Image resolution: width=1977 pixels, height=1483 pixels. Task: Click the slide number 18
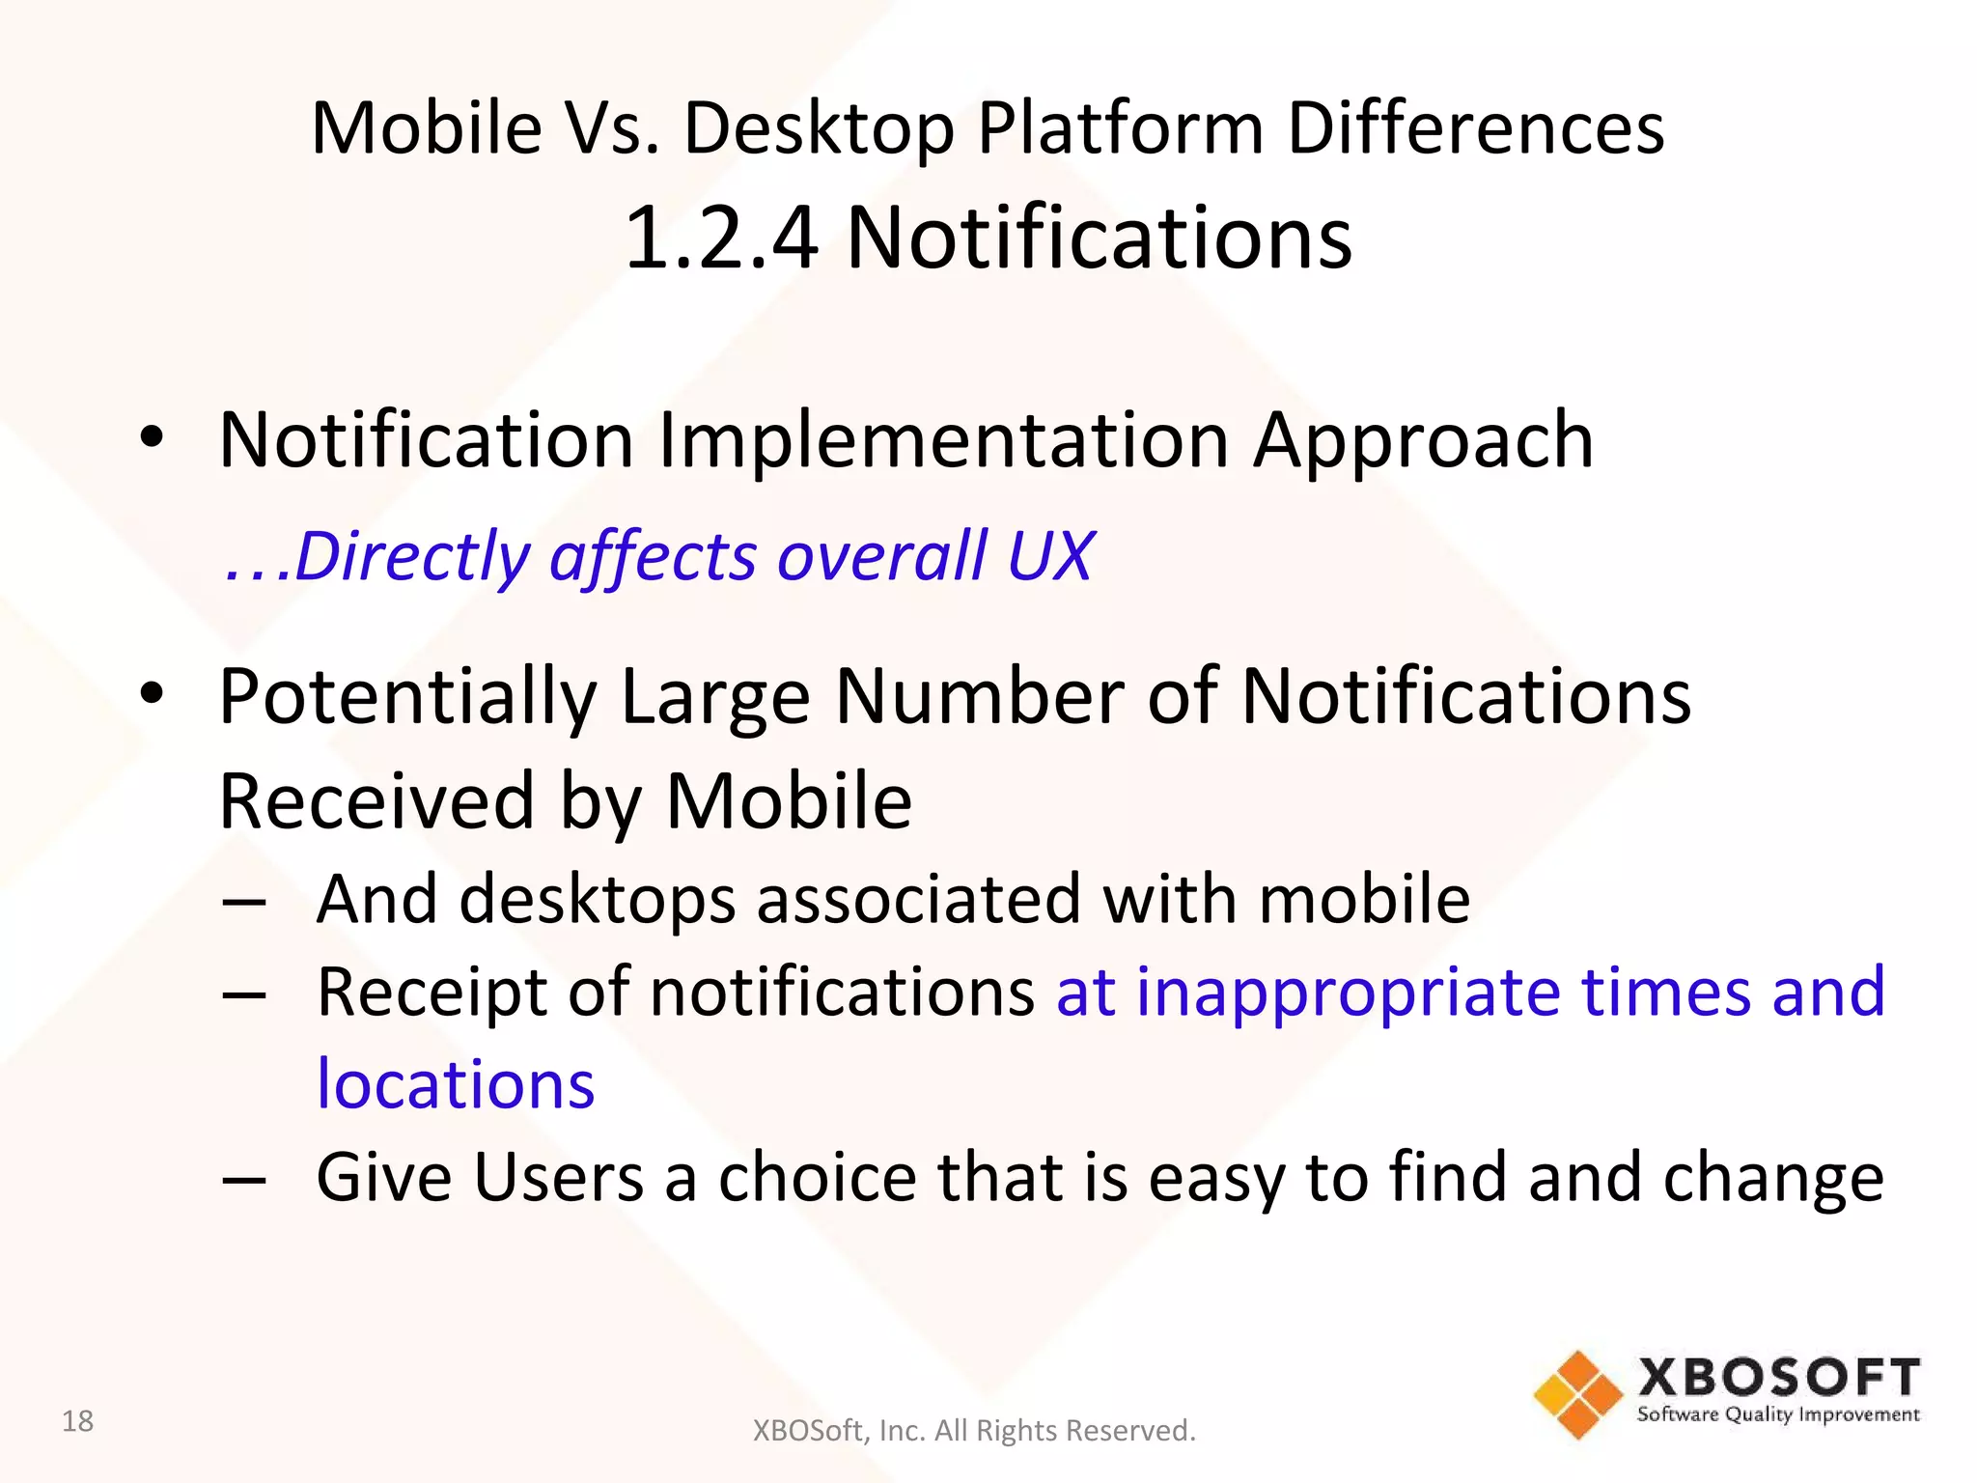coord(77,1420)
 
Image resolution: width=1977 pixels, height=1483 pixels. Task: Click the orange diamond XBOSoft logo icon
coord(1577,1394)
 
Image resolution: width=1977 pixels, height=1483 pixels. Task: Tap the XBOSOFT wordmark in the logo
coord(1778,1377)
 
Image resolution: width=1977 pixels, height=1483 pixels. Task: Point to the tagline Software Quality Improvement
coord(1778,1414)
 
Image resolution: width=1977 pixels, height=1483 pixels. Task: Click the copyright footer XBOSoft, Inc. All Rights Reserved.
coord(973,1430)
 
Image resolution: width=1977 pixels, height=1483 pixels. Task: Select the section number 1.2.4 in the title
coord(721,238)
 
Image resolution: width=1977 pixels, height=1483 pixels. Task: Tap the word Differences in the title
coord(1475,128)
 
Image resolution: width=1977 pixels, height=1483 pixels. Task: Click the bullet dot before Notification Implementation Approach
coord(152,437)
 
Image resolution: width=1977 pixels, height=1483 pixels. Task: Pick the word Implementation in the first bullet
coord(943,441)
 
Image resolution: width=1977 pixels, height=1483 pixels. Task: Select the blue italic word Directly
coord(411,558)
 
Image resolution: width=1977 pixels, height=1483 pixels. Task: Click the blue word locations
coord(456,1084)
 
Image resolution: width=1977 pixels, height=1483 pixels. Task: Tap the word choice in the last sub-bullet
coord(817,1178)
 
